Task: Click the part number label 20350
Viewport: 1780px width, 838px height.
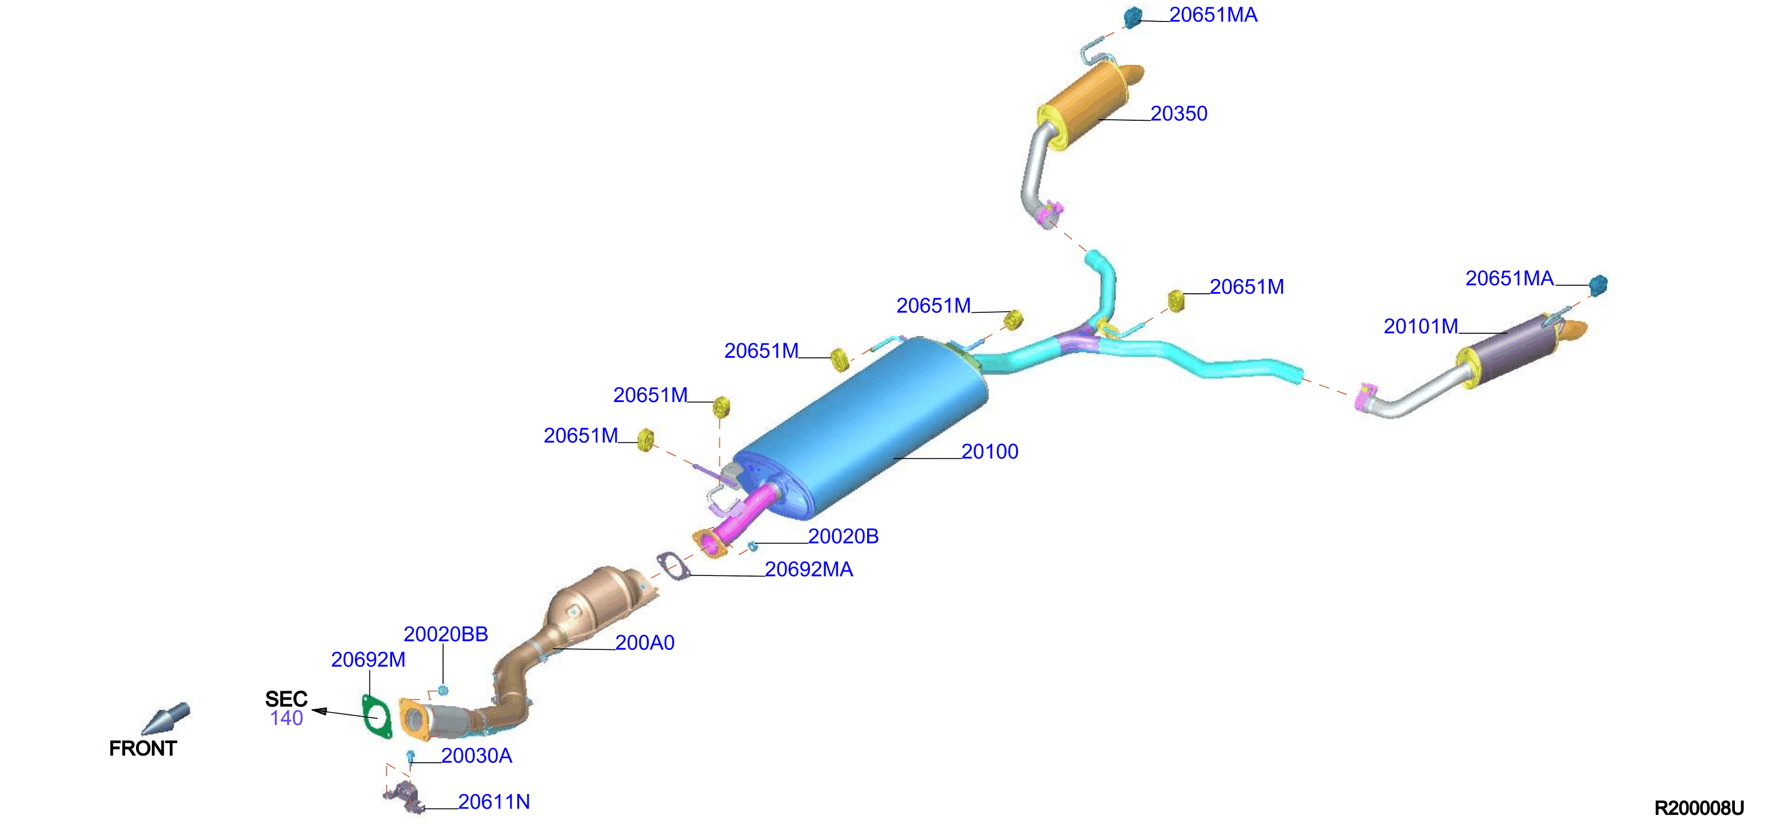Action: click(1179, 114)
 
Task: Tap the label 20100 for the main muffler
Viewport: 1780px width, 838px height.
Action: click(990, 452)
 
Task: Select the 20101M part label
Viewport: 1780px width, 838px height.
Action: click(1421, 326)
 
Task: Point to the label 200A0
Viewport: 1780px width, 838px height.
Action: click(645, 643)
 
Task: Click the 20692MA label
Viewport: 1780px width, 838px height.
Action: click(808, 570)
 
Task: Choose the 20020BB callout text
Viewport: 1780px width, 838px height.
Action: click(446, 634)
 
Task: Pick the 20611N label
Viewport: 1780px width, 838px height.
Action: click(494, 802)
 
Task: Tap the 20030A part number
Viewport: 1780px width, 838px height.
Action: click(477, 756)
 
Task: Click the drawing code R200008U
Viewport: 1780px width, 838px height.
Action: click(1699, 808)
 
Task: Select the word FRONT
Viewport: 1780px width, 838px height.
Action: click(143, 748)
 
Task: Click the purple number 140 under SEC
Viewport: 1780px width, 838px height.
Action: click(287, 718)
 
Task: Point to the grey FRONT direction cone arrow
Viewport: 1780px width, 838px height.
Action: click(165, 719)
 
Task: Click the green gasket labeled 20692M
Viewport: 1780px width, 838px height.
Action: click(377, 717)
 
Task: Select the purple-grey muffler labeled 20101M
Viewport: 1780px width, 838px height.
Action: click(1513, 352)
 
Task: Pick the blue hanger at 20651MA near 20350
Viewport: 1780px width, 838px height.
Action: click(1132, 18)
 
